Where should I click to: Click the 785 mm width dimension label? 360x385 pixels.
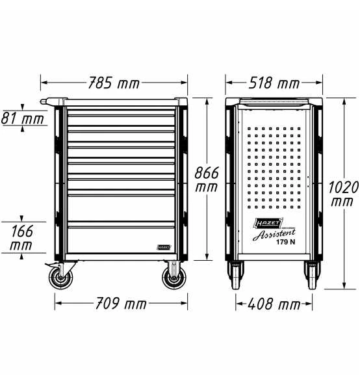(x=114, y=83)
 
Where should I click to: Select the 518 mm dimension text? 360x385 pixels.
(x=274, y=83)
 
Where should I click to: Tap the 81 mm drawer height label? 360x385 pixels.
(x=22, y=118)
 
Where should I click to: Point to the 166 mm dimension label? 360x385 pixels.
(x=21, y=238)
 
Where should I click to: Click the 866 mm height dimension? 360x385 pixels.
(x=207, y=179)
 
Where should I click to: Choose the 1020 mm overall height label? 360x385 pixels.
(x=343, y=194)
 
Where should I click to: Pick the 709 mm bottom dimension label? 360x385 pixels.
(x=121, y=304)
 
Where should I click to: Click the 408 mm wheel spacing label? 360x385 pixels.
(x=274, y=304)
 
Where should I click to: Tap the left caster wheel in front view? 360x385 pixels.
(x=60, y=278)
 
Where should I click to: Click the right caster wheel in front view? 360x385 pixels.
(x=174, y=278)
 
